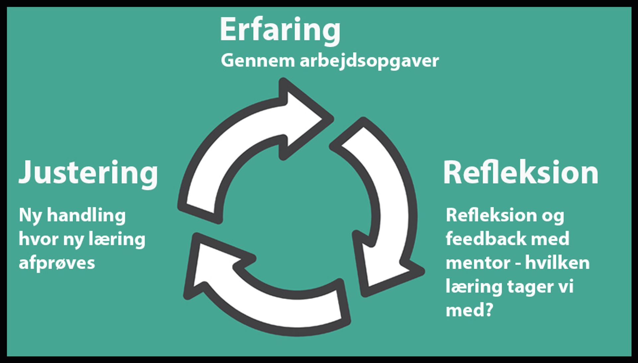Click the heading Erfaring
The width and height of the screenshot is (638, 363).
point(280,30)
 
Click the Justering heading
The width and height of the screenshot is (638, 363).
point(88,173)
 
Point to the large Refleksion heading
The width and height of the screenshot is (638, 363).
point(520,173)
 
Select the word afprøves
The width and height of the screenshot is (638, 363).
point(57,263)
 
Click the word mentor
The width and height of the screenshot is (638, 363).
point(478,263)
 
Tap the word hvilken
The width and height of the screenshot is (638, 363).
point(557,263)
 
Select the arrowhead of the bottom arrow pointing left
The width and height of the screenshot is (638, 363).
point(213,266)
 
